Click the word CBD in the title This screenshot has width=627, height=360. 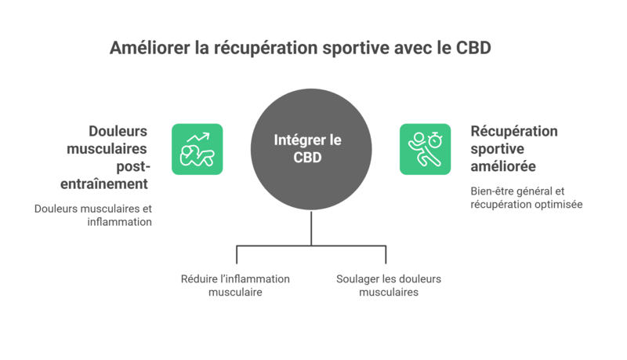click(x=473, y=49)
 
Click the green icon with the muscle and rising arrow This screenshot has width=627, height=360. click(x=197, y=149)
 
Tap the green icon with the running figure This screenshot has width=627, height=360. click(x=425, y=149)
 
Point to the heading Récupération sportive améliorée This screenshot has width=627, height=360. click(x=513, y=149)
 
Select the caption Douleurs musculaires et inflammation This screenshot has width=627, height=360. click(x=92, y=216)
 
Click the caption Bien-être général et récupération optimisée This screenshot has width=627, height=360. click(x=526, y=198)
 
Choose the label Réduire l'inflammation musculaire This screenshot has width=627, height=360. click(x=235, y=285)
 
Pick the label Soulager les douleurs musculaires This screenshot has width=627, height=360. click(x=389, y=285)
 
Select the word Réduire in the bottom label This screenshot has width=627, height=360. click(x=199, y=279)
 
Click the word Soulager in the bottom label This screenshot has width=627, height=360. click(x=358, y=279)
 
